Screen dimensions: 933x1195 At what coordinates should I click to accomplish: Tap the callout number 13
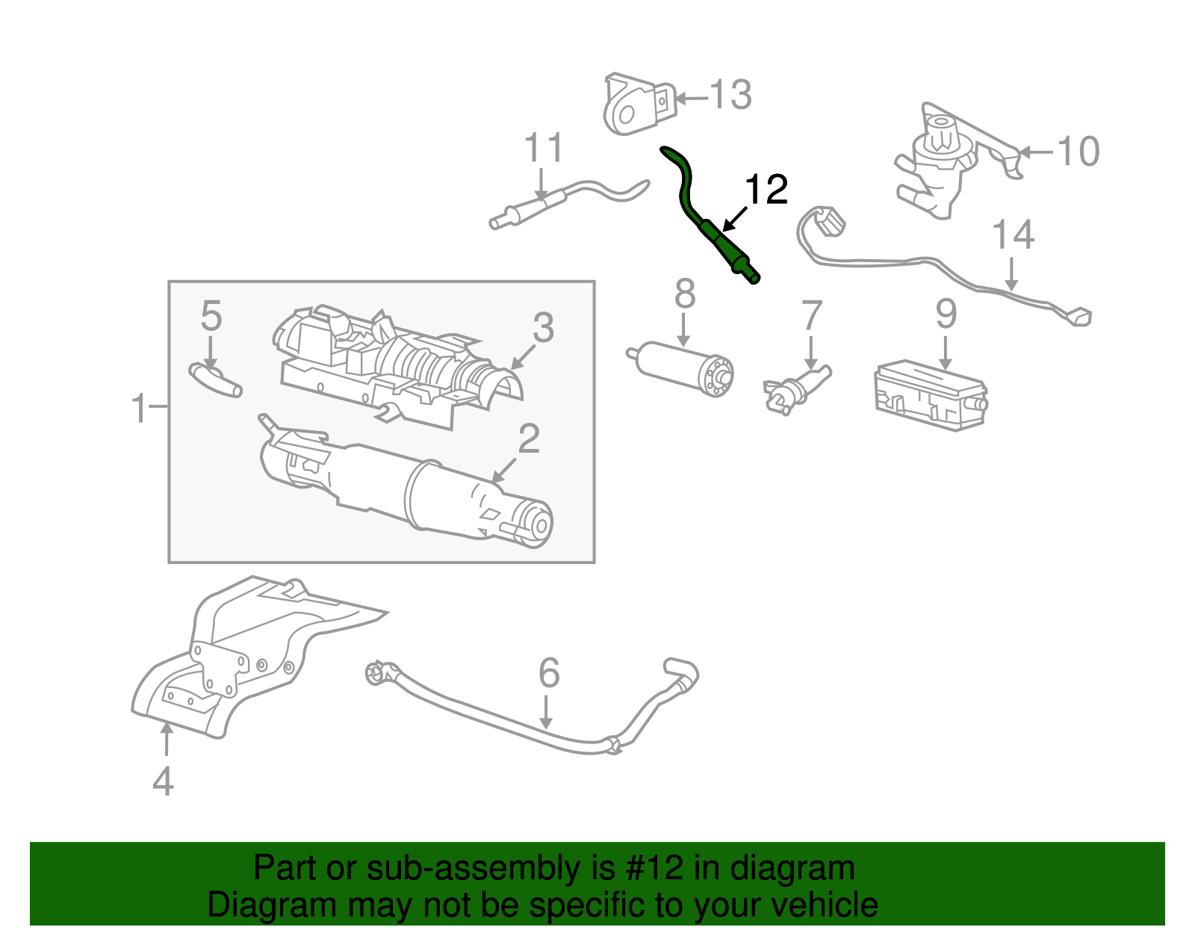coord(730,96)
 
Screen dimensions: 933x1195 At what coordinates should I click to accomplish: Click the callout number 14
coord(1013,235)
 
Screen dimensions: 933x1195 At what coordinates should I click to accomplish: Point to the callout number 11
coord(543,149)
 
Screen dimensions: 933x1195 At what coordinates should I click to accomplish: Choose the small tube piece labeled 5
coord(214,379)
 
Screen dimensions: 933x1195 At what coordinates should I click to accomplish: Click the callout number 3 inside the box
coord(543,328)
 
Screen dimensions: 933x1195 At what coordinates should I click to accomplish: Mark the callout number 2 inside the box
coord(529,438)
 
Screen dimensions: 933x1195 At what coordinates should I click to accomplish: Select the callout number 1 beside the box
coord(140,409)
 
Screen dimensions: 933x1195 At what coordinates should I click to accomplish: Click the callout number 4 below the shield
coord(163,782)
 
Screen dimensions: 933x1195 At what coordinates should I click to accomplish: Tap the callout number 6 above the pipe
coord(549,673)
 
